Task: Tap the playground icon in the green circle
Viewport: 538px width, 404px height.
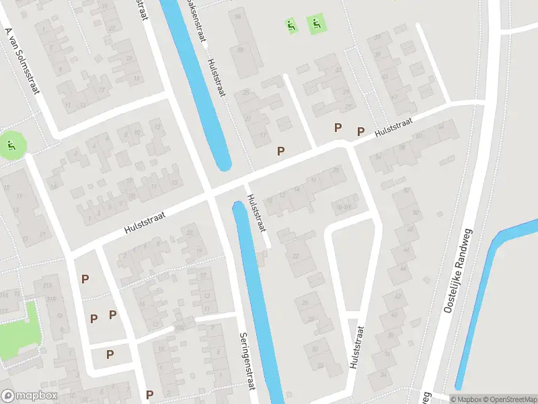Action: [x=10, y=144]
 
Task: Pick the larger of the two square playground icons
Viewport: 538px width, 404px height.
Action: [x=316, y=26]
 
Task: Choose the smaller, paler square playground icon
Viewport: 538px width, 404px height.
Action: [x=291, y=26]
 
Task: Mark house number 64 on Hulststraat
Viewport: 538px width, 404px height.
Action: [x=440, y=127]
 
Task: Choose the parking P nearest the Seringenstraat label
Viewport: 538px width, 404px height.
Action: [x=149, y=395]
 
